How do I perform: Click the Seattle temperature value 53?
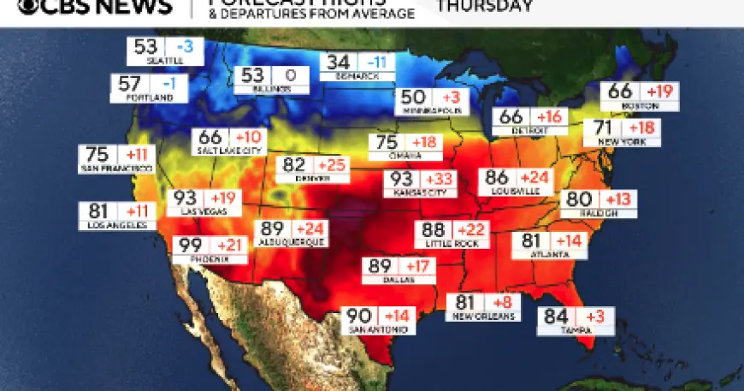(145, 48)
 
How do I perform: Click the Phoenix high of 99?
(189, 246)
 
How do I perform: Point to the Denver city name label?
(312, 178)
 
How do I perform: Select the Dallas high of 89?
(379, 266)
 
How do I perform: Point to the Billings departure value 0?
(290, 76)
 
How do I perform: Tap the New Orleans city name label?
(483, 317)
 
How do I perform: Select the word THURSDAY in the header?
(485, 5)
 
